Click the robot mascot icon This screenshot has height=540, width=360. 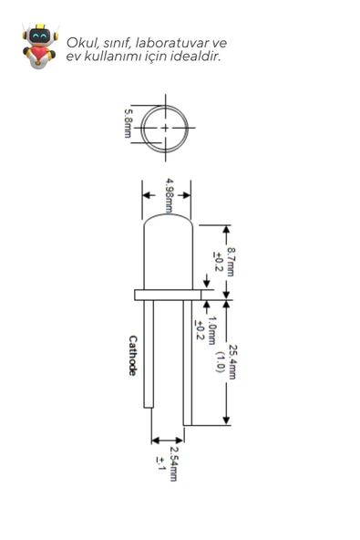click(39, 46)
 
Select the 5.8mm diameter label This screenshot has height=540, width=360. click(128, 123)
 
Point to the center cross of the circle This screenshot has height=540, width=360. click(165, 128)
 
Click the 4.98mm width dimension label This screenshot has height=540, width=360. click(170, 195)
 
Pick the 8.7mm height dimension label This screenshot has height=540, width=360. click(231, 262)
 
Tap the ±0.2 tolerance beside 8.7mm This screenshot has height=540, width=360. click(218, 262)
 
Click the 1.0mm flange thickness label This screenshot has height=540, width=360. click(211, 330)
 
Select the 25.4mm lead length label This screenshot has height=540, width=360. click(232, 362)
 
